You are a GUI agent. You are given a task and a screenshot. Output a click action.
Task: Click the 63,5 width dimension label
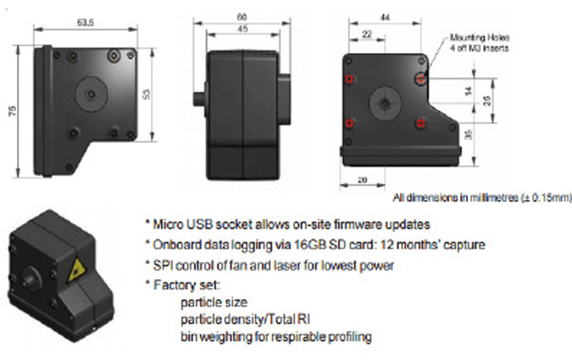click(85, 22)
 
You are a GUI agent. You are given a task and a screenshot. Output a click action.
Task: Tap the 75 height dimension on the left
click(13, 111)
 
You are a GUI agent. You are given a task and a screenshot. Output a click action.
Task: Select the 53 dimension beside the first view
click(146, 94)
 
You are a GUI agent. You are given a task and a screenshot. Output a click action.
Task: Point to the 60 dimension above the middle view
click(242, 17)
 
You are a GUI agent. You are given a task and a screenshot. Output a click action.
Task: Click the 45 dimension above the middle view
click(243, 29)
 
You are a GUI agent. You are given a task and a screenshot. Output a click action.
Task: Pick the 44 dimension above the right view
click(385, 17)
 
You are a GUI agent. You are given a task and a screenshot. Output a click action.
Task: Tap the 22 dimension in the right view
click(367, 34)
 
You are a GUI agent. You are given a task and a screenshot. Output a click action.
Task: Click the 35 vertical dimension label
click(469, 134)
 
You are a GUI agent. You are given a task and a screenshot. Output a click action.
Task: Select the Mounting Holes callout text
click(479, 42)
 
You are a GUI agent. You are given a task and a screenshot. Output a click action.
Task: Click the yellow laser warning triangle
click(76, 270)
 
